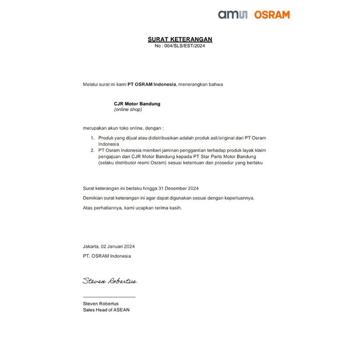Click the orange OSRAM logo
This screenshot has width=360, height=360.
272,15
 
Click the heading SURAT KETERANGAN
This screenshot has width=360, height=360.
180,39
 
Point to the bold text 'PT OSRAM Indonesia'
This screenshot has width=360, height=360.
152,84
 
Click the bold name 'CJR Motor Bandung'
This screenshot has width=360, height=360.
137,104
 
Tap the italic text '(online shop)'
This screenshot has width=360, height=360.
128,110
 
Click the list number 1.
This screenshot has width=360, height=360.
92,137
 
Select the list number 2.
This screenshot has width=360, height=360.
92,150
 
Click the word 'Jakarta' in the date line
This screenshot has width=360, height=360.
91,246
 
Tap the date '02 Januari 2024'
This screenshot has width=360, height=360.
118,246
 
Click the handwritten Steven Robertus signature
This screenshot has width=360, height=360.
110,281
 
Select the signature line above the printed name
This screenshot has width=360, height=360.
109,297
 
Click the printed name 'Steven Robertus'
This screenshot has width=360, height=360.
101,303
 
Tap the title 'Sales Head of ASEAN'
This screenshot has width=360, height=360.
106,310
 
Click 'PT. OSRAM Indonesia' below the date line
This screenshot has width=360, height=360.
107,256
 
